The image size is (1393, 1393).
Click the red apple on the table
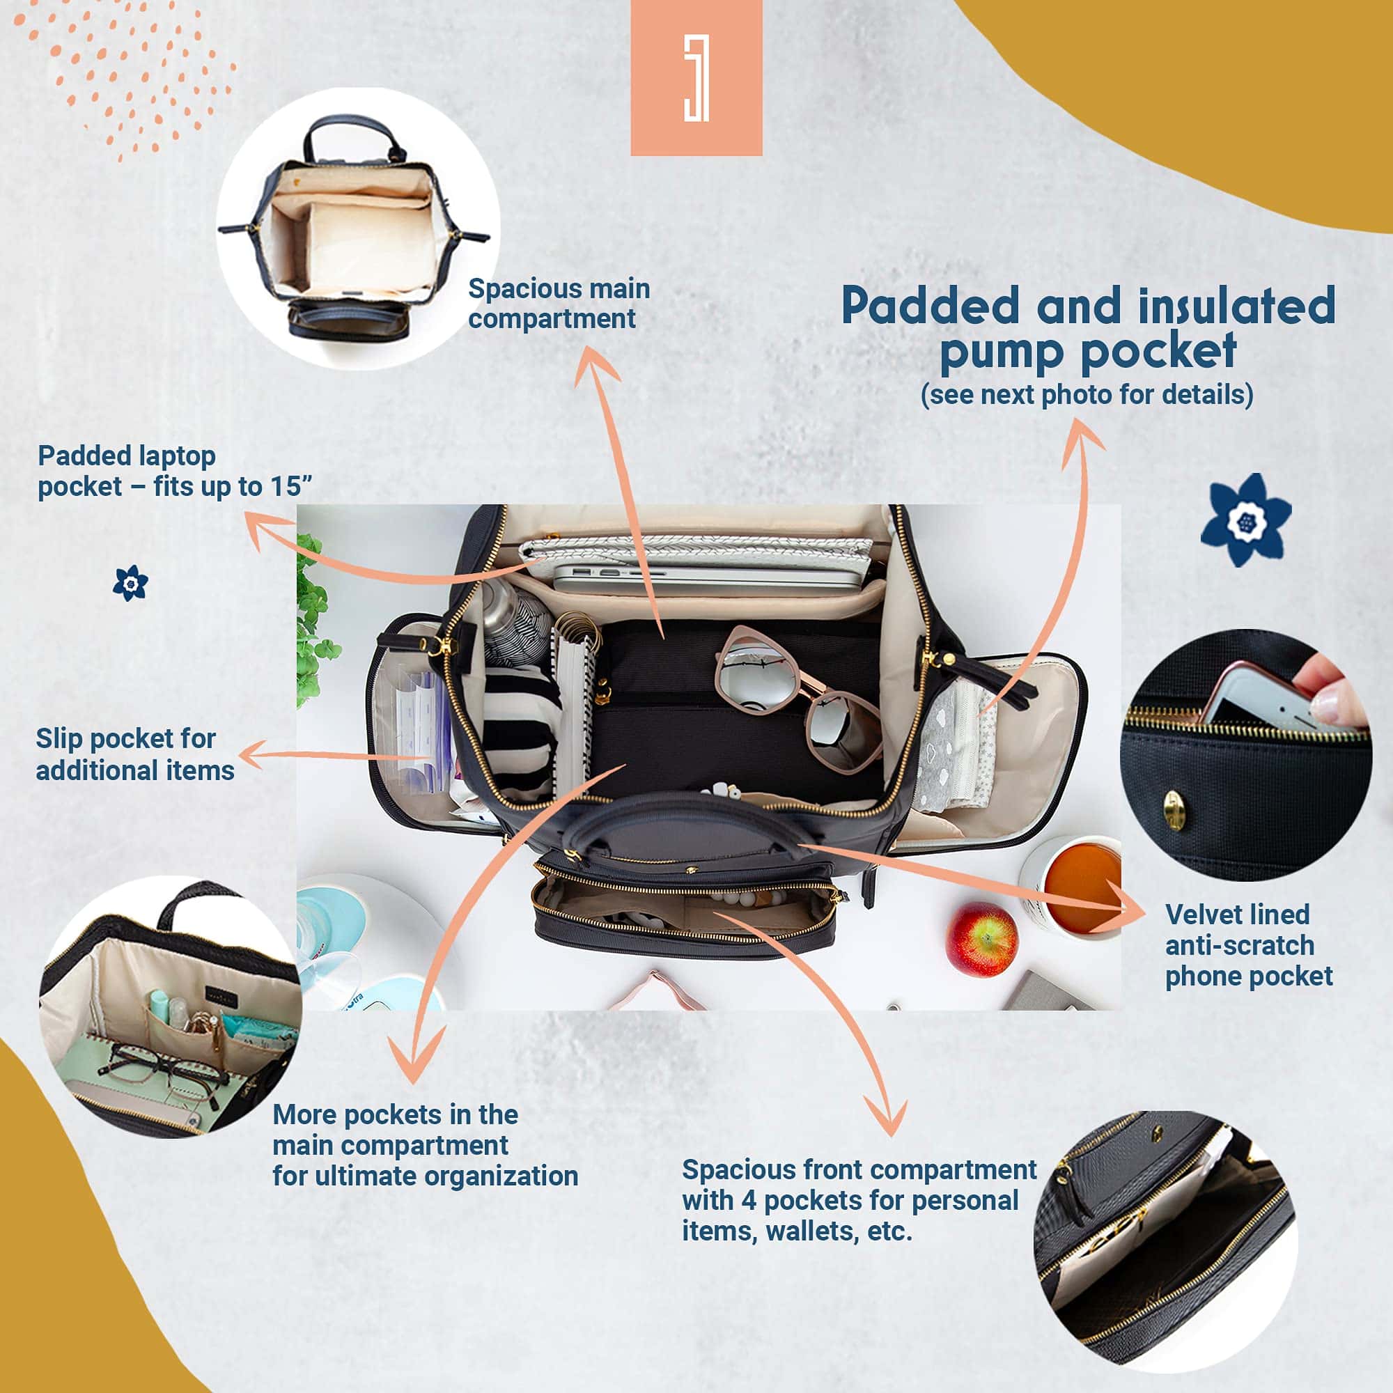point(981,939)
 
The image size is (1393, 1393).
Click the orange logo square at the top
point(696,77)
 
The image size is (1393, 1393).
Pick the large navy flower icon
point(1246,520)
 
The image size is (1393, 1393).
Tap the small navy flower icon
point(130,583)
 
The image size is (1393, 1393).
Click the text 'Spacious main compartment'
point(559,304)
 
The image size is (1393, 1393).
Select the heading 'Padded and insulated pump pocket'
point(1088,328)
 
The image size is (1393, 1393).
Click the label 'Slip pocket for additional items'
point(135,754)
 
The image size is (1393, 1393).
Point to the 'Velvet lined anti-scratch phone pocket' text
point(1248,945)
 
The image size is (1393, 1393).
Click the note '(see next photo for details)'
point(1087,394)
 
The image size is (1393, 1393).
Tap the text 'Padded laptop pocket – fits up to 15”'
point(175,471)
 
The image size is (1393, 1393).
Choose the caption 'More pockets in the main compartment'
point(395,1130)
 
